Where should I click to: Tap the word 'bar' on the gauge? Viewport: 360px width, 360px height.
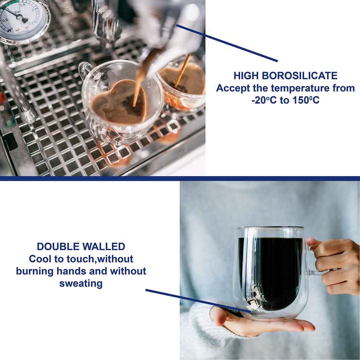coord(18,11)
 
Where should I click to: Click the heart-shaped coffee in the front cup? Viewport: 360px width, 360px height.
coord(119,103)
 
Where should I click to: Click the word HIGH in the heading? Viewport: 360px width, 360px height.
coord(246,76)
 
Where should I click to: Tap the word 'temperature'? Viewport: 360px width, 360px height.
coord(300,88)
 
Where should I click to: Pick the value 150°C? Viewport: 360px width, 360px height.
coord(306,100)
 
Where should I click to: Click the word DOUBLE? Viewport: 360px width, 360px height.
coord(58,247)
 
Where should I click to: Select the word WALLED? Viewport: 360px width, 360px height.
coord(104,247)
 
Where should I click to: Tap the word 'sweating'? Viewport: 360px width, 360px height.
coord(81,283)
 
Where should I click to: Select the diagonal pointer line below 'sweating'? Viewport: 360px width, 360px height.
coord(198,301)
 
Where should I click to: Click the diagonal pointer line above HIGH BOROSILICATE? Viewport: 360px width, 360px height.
coord(227,43)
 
